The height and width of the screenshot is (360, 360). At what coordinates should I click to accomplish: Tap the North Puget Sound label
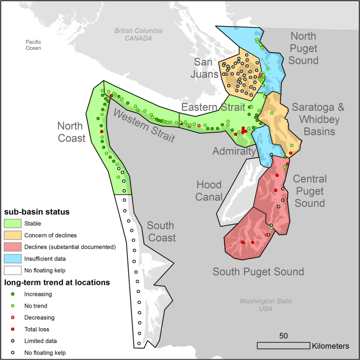(304, 48)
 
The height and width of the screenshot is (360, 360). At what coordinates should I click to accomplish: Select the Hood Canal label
(209, 191)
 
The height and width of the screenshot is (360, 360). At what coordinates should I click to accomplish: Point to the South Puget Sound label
(258, 272)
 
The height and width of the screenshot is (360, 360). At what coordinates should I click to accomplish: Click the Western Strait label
(144, 126)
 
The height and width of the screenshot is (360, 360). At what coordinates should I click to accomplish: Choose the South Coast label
(161, 232)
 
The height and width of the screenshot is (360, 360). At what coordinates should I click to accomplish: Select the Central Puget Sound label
(309, 191)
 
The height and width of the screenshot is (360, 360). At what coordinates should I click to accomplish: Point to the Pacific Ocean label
(33, 45)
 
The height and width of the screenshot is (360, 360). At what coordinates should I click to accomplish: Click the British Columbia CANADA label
(138, 34)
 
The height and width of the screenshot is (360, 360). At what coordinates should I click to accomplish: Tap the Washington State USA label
(265, 305)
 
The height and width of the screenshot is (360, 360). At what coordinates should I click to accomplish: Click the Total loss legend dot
(13, 329)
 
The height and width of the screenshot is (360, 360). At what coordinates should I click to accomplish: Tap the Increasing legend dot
(13, 294)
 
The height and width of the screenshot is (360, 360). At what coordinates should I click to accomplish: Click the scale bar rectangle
(283, 346)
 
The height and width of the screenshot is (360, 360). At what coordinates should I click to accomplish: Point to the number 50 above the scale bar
(284, 336)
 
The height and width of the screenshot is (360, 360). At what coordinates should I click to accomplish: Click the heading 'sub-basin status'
(37, 212)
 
